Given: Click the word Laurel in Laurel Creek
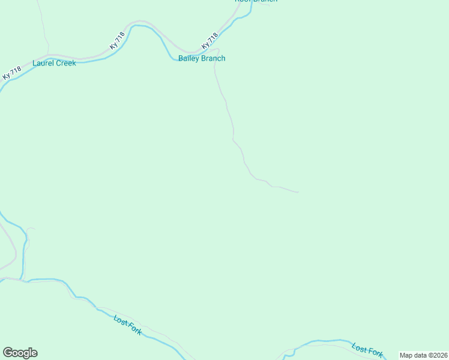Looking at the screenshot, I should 44,62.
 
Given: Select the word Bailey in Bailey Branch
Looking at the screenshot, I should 189,58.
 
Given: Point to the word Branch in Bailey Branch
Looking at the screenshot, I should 214,58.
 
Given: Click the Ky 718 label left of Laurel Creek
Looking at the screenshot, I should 11,73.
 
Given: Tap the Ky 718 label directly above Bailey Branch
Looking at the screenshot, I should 209,41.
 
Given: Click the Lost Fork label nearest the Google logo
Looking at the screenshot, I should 127,325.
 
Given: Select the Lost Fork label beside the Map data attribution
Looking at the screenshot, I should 367,350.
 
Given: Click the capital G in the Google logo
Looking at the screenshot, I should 8,353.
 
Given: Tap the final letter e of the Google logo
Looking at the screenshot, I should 34,353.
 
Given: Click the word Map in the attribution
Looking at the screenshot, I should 406,355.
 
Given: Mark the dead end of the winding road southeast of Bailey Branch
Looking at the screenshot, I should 298,192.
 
